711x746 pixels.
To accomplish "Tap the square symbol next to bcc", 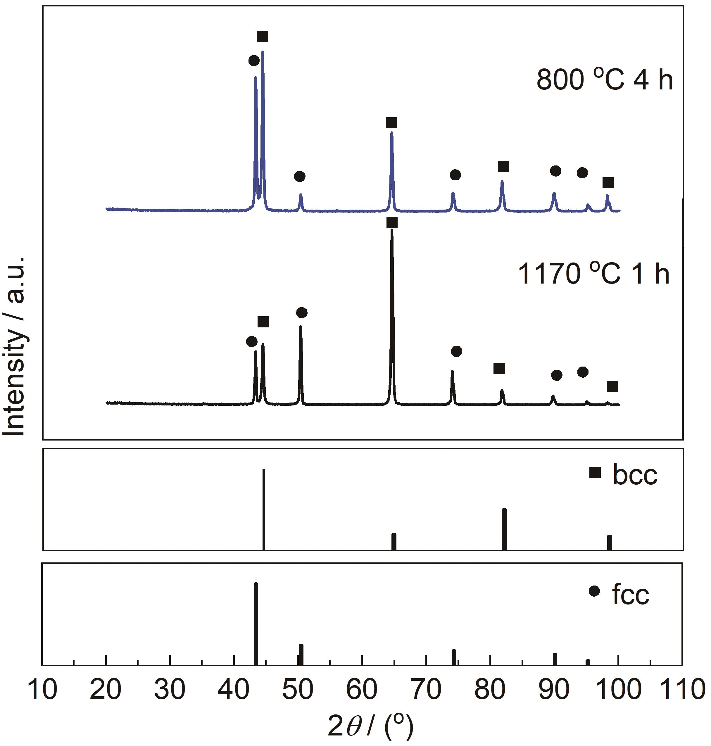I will pos(595,472).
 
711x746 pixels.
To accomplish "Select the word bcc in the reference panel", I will pos(635,475).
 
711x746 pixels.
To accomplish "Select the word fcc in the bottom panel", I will pos(631,595).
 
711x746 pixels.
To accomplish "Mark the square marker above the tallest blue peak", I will pos(263,37).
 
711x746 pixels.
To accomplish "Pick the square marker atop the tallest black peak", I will pos(392,222).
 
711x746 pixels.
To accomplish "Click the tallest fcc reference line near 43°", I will pos(256,623).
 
